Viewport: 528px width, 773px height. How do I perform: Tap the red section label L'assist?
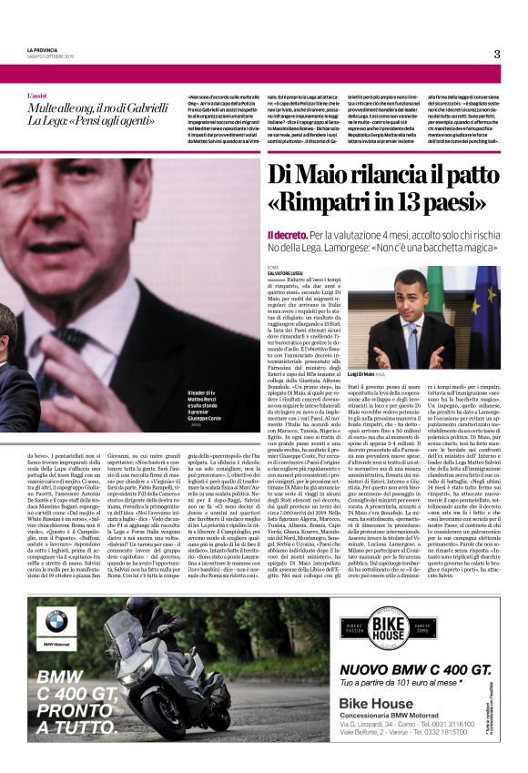(x=38, y=95)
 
